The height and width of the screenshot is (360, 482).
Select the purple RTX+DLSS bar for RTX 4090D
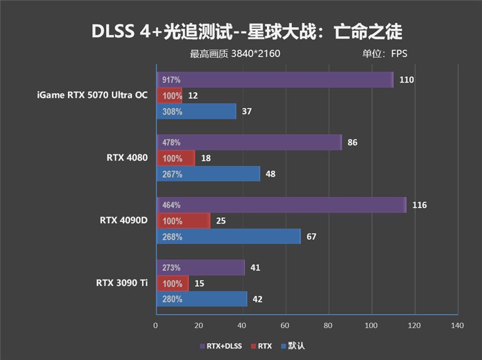click(x=281, y=205)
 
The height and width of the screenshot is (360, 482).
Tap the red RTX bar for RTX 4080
click(x=175, y=158)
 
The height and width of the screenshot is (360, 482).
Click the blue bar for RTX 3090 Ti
click(x=202, y=299)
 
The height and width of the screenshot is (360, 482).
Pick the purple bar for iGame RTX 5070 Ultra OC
click(x=274, y=80)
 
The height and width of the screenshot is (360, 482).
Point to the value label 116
click(x=419, y=205)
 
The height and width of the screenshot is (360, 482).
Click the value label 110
click(x=406, y=80)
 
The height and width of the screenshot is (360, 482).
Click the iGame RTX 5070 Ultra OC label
click(x=92, y=95)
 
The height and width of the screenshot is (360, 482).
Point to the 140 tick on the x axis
click(x=457, y=326)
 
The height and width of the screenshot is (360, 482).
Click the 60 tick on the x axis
click(x=285, y=326)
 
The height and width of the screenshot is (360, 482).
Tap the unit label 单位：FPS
click(x=384, y=54)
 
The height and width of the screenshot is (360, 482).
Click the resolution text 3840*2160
click(x=255, y=54)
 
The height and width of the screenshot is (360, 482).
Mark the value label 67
click(x=311, y=236)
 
